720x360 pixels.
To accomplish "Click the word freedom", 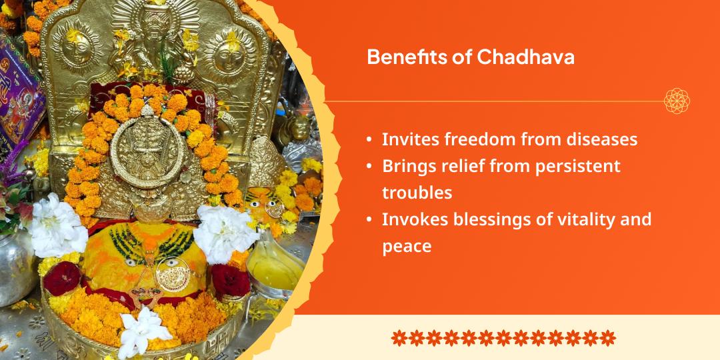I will point(493,140).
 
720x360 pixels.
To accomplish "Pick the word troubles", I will point(417,193).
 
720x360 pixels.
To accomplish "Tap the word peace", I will point(407,246).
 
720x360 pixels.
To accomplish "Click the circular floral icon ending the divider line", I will point(677,101).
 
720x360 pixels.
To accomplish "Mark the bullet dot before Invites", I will point(369,141).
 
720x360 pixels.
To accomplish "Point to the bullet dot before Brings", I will point(369,167).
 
